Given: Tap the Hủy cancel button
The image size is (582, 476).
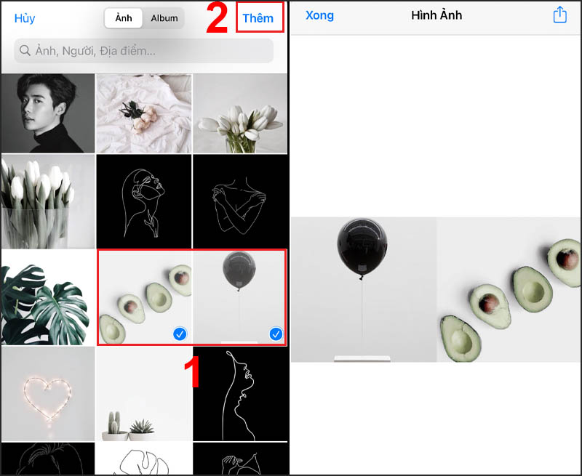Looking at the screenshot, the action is [x=25, y=18].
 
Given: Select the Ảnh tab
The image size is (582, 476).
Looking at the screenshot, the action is [x=123, y=18].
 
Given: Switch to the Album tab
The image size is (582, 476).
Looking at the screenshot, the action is [x=164, y=18].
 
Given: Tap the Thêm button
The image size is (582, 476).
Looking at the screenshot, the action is [x=258, y=17].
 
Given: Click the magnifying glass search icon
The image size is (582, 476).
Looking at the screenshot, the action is [x=25, y=50].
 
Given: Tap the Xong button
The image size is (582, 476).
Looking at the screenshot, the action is [x=319, y=15].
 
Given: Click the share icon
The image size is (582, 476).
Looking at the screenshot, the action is [x=559, y=15].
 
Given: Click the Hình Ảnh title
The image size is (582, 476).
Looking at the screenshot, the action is [x=436, y=15].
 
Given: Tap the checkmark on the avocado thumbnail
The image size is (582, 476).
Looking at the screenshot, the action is [x=180, y=334].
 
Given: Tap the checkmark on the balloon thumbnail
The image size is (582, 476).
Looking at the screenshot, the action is [x=276, y=334].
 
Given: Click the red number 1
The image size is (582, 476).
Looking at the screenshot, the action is [x=192, y=372].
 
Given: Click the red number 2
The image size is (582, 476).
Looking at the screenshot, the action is [x=216, y=18].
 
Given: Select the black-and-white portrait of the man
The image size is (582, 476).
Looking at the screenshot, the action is [x=48, y=113].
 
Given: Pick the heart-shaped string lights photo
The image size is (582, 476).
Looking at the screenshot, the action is [x=48, y=394].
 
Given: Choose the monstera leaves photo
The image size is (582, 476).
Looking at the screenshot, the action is [x=48, y=297].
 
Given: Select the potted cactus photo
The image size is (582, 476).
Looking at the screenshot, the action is [x=143, y=394].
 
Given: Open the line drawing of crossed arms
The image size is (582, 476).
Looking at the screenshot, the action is [x=240, y=201].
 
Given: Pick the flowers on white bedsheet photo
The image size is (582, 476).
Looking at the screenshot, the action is [x=144, y=113].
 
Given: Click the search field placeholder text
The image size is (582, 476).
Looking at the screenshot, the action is [x=95, y=51].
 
